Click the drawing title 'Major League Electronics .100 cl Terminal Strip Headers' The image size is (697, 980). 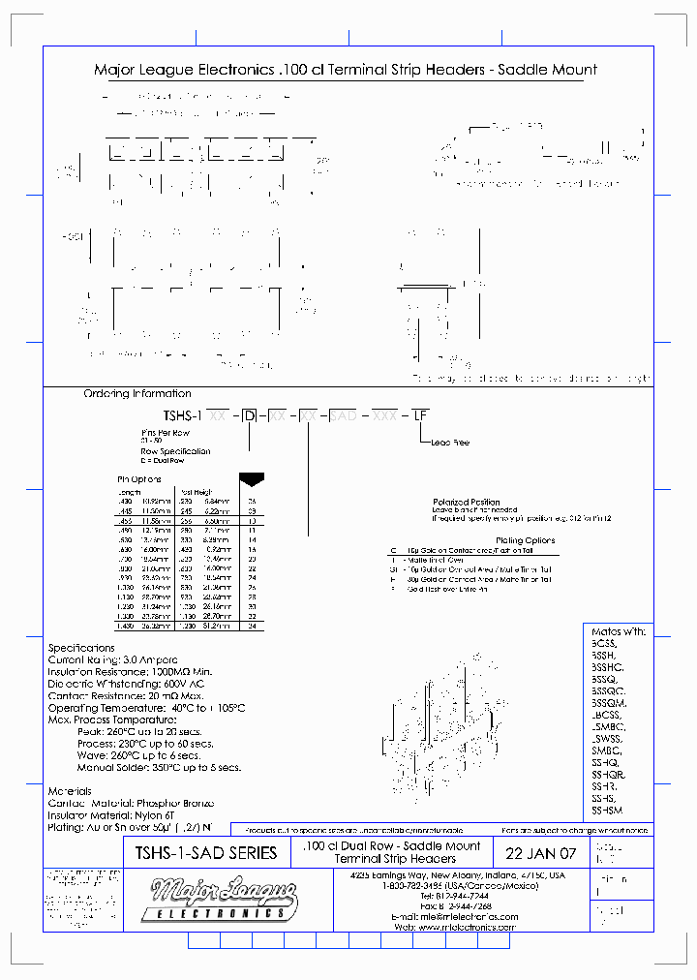pyautogui.click(x=345, y=70)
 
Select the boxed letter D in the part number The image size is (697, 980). pyautogui.click(x=251, y=414)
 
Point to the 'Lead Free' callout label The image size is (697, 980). pyautogui.click(x=448, y=443)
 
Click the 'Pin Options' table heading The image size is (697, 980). pyautogui.click(x=138, y=478)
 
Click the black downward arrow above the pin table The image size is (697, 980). pyautogui.click(x=251, y=478)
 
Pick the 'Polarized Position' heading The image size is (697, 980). pyautogui.click(x=467, y=502)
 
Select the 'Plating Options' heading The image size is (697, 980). pyautogui.click(x=524, y=540)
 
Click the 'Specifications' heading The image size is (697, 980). pyautogui.click(x=81, y=648)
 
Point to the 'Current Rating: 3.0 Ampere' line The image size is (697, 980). pyautogui.click(x=107, y=659)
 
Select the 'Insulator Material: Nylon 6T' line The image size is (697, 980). pyautogui.click(x=111, y=815)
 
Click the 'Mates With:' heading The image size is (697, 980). pyautogui.click(x=617, y=631)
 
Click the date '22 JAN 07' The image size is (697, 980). pyautogui.click(x=540, y=853)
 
